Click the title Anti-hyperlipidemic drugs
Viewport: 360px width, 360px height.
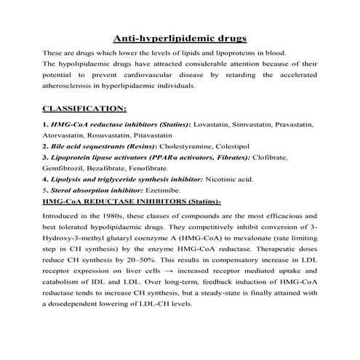[x=180, y=37]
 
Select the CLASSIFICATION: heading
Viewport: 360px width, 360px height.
[x=85, y=109]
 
